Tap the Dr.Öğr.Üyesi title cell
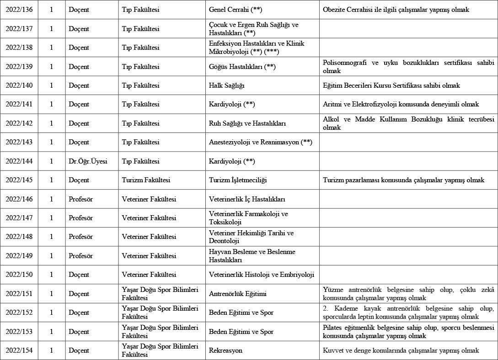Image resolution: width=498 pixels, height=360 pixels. tap(88, 161)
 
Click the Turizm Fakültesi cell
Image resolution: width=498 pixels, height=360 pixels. tap(146, 180)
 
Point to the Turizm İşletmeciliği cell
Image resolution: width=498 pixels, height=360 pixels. tap(237, 180)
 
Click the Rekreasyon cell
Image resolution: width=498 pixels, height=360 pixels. tap(225, 350)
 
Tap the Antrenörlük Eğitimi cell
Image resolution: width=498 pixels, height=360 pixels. tap(237, 294)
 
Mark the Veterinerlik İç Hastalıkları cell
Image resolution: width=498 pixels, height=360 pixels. tap(247, 199)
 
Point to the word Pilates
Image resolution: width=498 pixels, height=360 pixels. tap(332, 328)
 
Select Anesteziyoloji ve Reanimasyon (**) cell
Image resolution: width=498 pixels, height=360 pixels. tap(260, 143)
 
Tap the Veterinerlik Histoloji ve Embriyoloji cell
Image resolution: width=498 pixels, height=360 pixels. tap(262, 275)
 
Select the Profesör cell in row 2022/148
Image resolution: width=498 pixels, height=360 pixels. tap(80, 237)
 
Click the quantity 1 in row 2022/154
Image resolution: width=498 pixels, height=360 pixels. tap(51, 350)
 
